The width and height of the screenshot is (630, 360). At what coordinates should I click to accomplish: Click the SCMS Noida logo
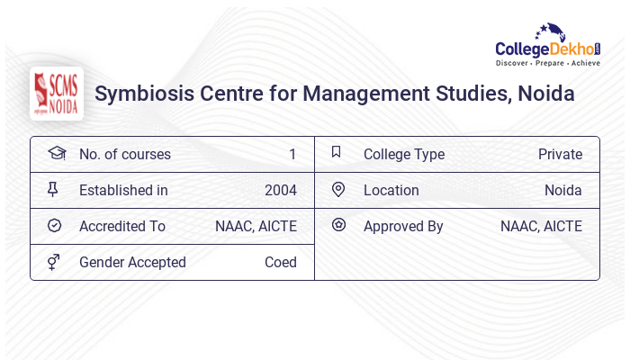(x=57, y=93)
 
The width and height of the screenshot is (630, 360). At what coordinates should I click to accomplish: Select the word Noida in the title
(x=545, y=94)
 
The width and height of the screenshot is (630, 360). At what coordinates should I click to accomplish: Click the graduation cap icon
(x=56, y=153)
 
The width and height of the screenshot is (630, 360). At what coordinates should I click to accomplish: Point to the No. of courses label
(x=124, y=154)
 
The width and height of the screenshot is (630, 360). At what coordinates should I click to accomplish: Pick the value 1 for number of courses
(x=292, y=154)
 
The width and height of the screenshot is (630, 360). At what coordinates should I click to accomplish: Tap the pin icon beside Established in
(x=55, y=190)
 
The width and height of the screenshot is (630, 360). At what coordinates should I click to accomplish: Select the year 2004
(x=280, y=190)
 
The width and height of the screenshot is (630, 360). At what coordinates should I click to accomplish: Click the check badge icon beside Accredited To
(x=55, y=226)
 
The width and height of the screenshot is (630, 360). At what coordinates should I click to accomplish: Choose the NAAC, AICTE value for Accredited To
(x=256, y=226)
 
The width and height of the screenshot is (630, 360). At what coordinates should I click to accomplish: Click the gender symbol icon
(x=55, y=262)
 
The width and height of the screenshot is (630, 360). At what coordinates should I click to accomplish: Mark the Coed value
(x=280, y=262)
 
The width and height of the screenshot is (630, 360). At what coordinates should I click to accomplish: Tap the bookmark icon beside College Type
(x=337, y=153)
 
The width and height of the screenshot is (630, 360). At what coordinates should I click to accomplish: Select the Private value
(x=560, y=154)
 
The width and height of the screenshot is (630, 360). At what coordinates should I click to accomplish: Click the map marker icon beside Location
(x=337, y=190)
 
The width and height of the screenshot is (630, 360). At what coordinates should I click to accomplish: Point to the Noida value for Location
(x=562, y=190)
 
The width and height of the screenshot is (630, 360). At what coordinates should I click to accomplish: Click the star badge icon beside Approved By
(x=337, y=225)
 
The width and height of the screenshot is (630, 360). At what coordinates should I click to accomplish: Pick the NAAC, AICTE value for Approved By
(x=541, y=226)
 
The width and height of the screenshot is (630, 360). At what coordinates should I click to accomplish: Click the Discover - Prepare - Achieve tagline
(x=547, y=64)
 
